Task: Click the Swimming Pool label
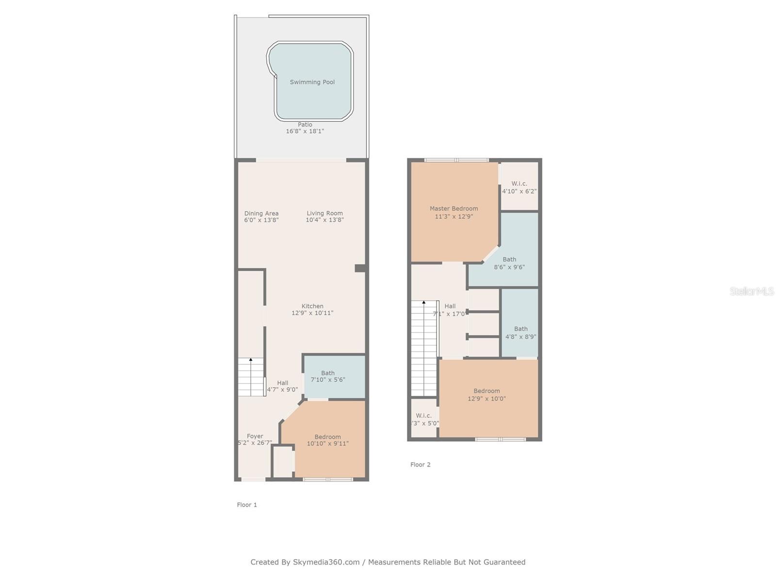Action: click(312, 82)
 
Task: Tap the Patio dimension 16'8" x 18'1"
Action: click(305, 131)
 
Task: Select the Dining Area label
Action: click(261, 213)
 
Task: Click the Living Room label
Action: click(324, 213)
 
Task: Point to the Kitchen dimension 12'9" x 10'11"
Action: click(312, 313)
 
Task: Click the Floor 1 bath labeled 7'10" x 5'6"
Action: click(328, 376)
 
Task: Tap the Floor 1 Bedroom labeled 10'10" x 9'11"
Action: click(327, 440)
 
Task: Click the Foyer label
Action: click(255, 436)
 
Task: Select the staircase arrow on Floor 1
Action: click(251, 360)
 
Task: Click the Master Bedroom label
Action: click(453, 209)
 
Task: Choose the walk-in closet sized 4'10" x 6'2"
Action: click(519, 187)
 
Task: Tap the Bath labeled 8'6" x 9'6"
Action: click(509, 263)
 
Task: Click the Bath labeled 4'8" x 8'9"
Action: click(520, 333)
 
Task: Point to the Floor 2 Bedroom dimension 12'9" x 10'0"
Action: click(486, 399)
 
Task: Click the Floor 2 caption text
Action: click(420, 465)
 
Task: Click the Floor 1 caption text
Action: click(247, 505)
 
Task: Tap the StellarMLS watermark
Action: click(751, 291)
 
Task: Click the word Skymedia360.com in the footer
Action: click(326, 562)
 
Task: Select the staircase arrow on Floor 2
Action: click(424, 303)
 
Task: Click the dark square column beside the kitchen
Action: click(360, 268)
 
